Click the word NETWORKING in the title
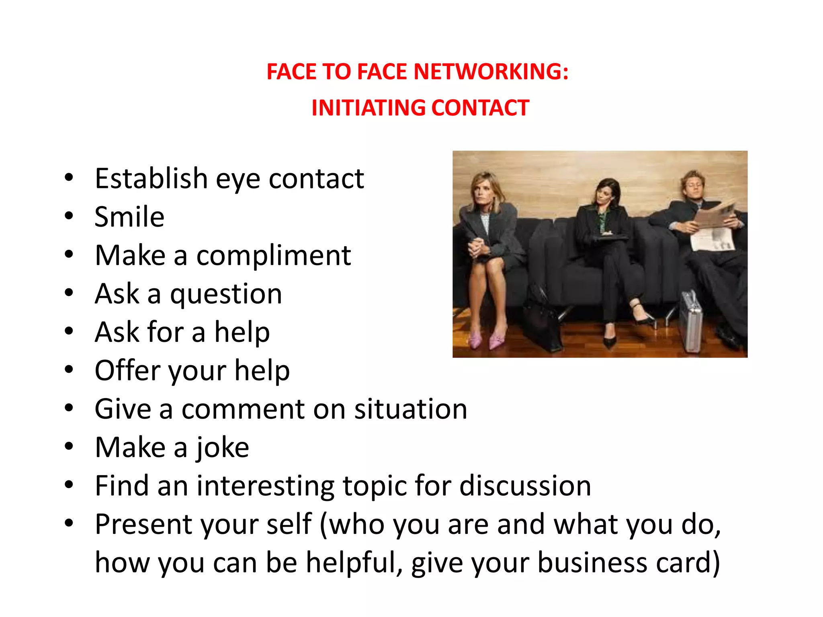click(x=491, y=72)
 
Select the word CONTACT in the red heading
click(x=480, y=108)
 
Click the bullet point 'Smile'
click(x=129, y=217)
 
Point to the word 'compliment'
click(x=273, y=255)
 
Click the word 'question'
click(x=226, y=294)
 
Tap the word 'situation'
click(x=411, y=409)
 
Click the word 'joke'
click(x=223, y=447)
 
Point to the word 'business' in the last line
click(x=592, y=563)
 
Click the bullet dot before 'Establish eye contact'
click(x=69, y=178)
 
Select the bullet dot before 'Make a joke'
click(x=69, y=446)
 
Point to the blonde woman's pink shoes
click(x=486, y=340)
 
